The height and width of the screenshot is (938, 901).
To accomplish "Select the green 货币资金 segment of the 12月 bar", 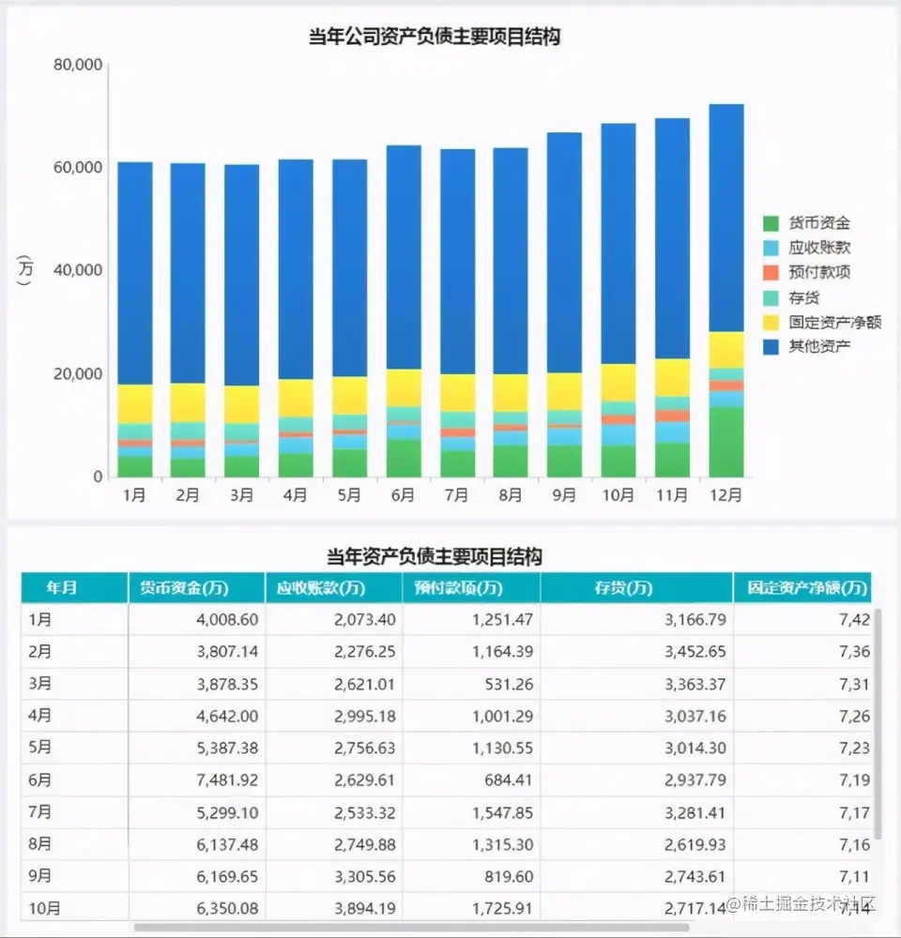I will click(726, 442).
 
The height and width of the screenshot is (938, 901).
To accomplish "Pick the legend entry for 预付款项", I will click(819, 272).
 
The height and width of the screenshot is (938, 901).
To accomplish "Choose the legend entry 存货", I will click(804, 297).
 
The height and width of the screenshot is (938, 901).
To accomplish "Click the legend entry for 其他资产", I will click(819, 346).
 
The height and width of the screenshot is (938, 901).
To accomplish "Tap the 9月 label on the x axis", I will click(564, 495).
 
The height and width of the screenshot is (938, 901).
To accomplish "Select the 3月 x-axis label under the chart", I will click(242, 495).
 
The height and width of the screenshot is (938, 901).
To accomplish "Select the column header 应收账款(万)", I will click(320, 588).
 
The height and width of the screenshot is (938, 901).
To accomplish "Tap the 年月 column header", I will click(62, 588).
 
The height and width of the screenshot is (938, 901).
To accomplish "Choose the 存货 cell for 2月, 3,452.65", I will click(694, 652).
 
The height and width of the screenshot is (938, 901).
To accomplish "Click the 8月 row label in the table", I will click(40, 843).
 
